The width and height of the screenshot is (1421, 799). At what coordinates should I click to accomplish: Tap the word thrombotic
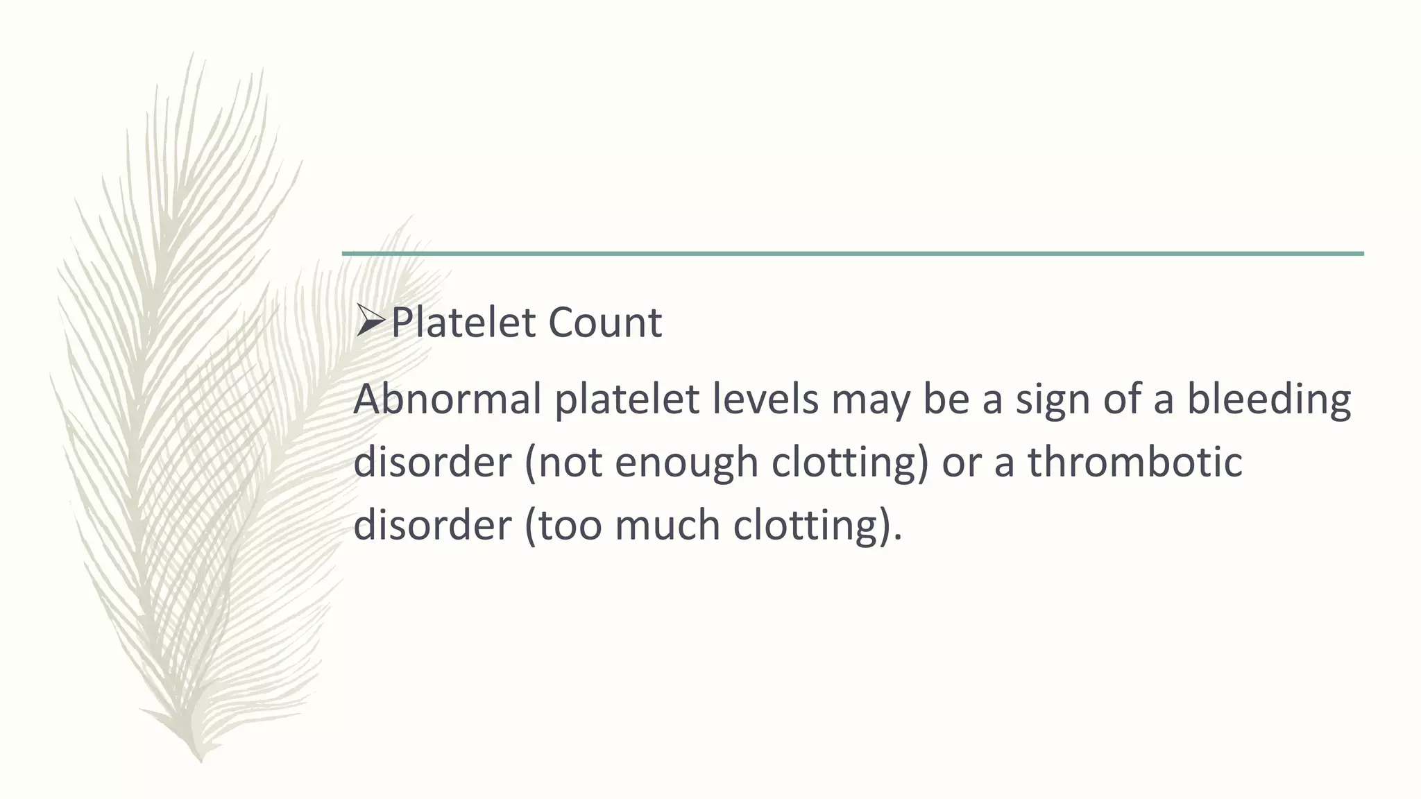(x=1134, y=462)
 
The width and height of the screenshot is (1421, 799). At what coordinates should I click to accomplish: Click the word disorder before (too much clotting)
(x=432, y=525)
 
